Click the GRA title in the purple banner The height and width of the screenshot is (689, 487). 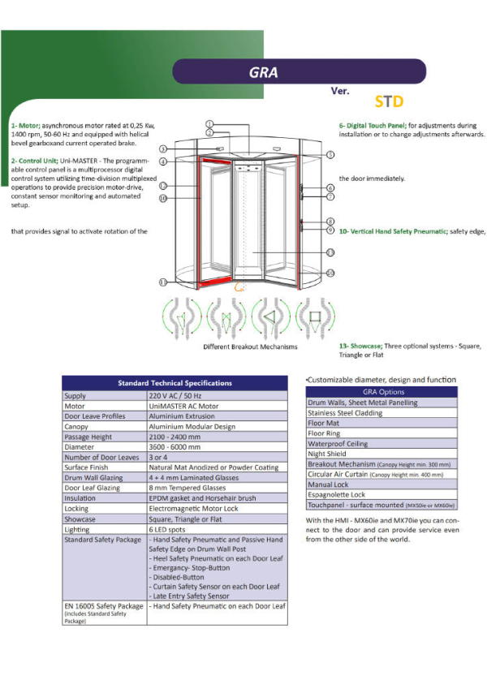[x=264, y=72]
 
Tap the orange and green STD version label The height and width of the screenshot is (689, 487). [x=390, y=103]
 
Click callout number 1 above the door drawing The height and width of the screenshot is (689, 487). [x=209, y=123]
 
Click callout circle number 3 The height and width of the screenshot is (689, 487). [x=163, y=149]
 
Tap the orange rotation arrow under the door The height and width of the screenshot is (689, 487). [x=239, y=286]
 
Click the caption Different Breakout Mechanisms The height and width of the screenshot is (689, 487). [x=250, y=347]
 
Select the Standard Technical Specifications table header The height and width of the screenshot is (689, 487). [x=175, y=383]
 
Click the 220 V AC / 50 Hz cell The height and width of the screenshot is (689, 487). [x=177, y=395]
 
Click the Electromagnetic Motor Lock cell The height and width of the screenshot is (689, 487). [x=193, y=509]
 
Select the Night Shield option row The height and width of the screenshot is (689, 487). [x=327, y=454]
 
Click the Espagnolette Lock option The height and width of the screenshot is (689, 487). [x=337, y=494]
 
